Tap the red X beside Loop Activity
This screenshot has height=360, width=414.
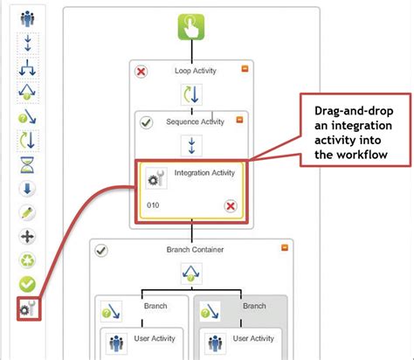(141, 72)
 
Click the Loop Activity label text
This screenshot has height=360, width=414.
(189, 72)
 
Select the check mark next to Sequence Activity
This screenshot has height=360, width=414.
(147, 122)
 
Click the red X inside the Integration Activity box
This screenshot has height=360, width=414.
(231, 206)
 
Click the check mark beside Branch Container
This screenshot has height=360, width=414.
(101, 250)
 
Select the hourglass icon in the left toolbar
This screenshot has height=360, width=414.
(27, 163)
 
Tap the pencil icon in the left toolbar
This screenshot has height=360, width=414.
(27, 212)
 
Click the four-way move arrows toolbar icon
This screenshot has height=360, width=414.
(27, 236)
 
